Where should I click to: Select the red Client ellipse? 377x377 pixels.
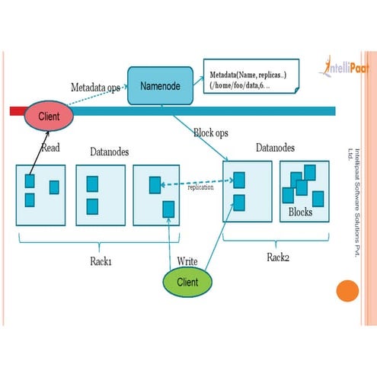49,116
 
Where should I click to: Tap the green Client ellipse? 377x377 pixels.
187,282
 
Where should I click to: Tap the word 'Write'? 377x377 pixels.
187,260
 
